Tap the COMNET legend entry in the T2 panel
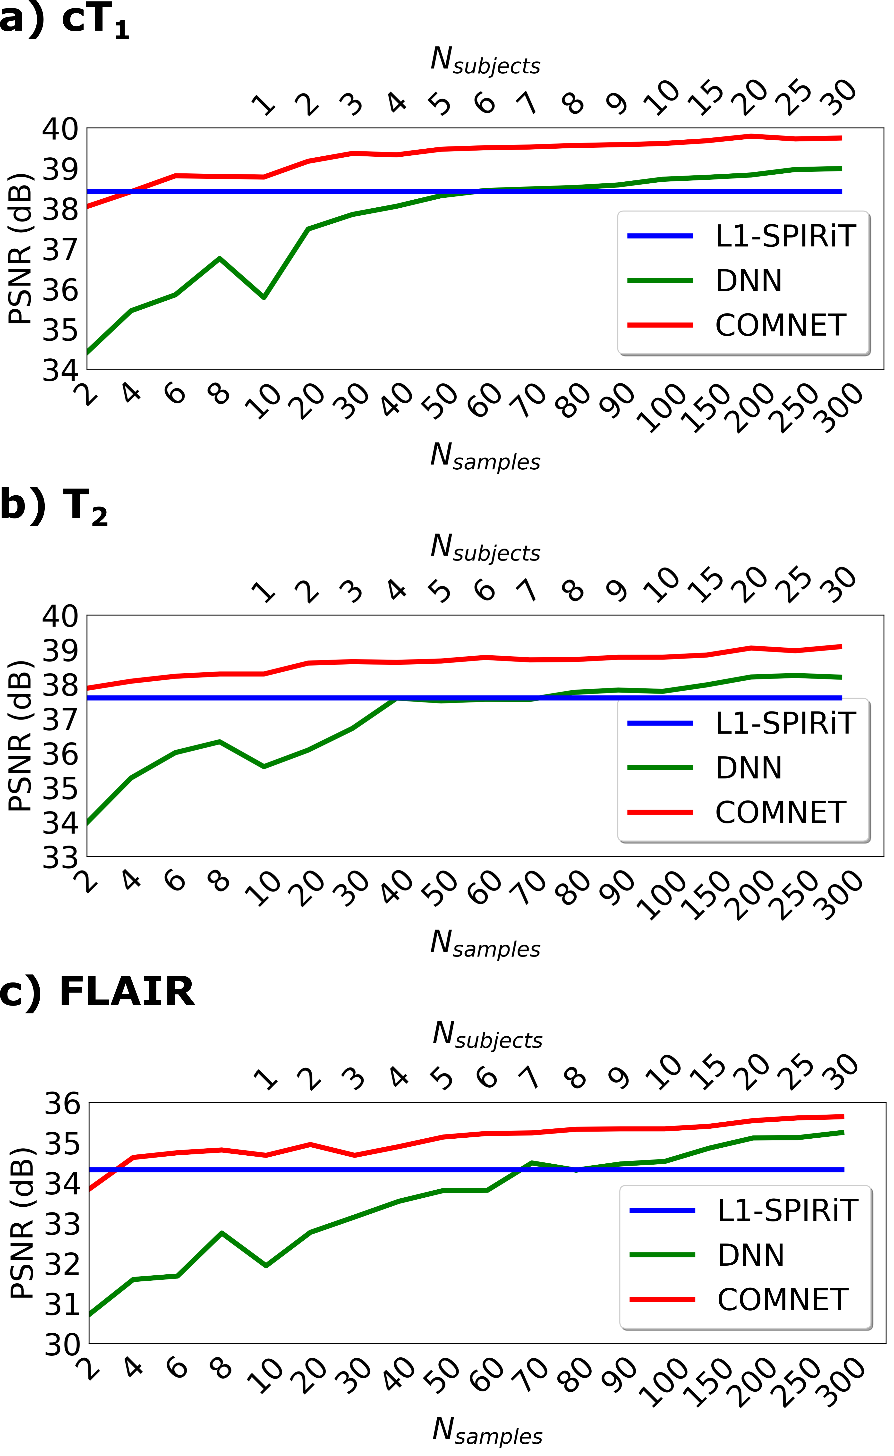(779, 812)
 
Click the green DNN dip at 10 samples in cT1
(264, 297)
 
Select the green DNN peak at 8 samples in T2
(220, 741)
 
